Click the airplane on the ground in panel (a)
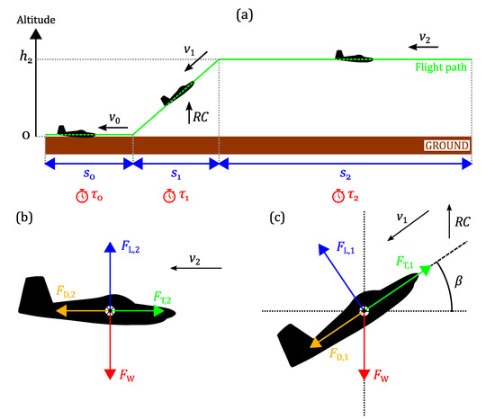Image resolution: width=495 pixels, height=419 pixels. pos(71,131)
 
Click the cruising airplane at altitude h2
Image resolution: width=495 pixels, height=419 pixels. pos(354,56)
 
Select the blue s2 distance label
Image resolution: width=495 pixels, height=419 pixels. pos(345,177)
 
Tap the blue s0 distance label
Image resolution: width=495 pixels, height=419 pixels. pos(87,177)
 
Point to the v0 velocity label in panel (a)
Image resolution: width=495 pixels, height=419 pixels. pos(113,118)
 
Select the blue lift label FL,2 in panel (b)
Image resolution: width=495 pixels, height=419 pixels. pos(129,245)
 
